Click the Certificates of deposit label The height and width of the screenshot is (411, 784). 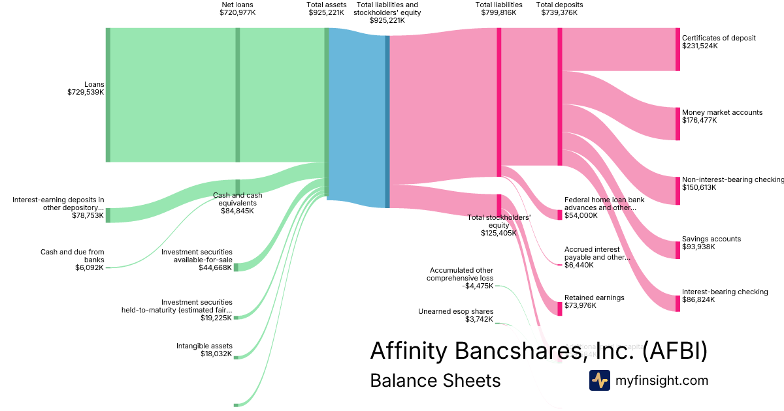point(719,38)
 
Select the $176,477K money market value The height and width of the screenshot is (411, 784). point(699,121)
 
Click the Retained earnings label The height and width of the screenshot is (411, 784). point(594,297)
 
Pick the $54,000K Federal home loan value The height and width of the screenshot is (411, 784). point(581,216)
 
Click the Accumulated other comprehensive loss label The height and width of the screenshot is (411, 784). point(461,274)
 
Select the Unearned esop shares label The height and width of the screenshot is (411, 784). point(455,311)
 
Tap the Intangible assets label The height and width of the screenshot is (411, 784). point(204,346)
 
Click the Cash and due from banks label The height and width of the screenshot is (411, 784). point(73,256)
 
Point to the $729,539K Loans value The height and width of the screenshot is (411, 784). point(86,93)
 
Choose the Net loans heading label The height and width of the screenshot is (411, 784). point(237,5)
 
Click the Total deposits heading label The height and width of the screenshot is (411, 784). point(559,5)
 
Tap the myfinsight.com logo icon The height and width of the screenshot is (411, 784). point(599,380)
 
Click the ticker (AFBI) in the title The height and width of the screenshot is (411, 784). point(675,351)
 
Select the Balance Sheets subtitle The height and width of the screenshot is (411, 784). point(435,381)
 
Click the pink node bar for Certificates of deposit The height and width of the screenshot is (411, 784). point(678,50)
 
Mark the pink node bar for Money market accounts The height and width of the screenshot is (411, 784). point(678,124)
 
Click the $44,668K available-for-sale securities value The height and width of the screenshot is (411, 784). point(215,267)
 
